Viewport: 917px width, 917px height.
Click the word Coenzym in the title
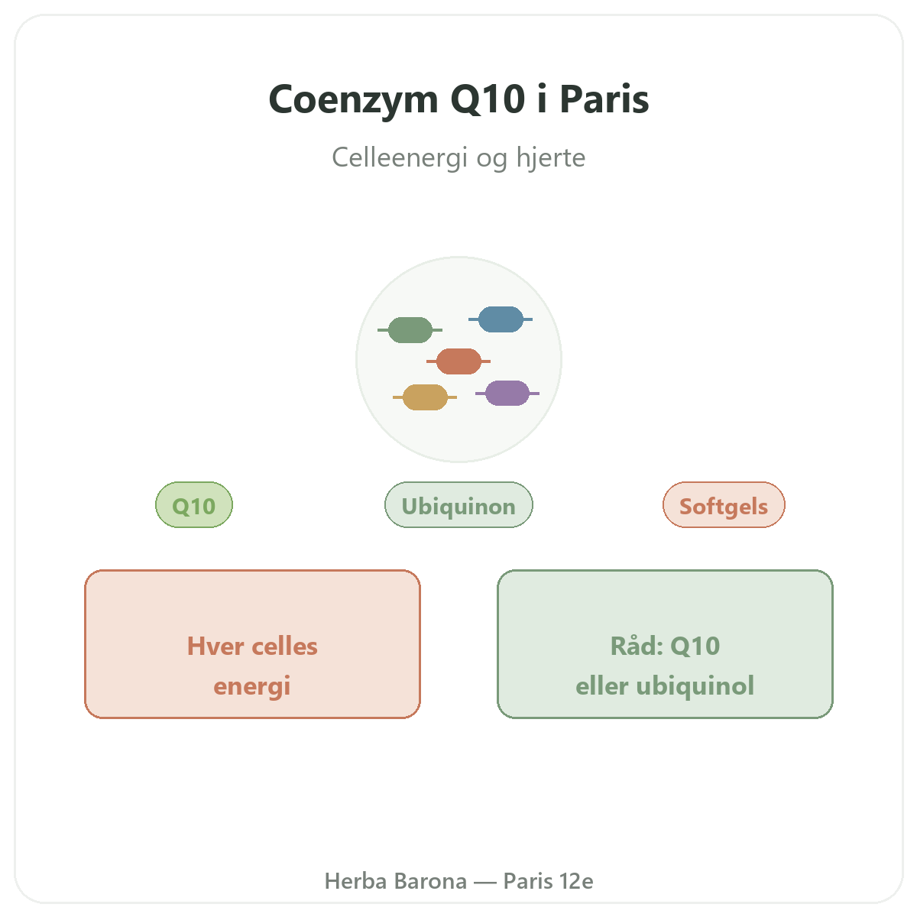click(353, 100)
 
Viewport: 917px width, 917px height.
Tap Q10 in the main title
click(488, 99)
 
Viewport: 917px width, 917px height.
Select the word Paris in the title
click(604, 99)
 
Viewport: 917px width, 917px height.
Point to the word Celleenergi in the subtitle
click(400, 157)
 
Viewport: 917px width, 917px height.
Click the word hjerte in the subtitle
click(550, 157)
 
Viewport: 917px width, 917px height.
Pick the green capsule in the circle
click(410, 330)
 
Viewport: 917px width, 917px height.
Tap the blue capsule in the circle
click(501, 319)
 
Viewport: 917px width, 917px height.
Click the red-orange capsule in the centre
click(458, 361)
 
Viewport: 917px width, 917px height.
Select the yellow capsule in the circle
click(425, 397)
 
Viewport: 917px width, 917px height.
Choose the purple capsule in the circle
click(507, 393)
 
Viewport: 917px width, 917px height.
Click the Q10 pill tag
click(194, 505)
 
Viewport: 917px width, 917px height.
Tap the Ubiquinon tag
click(458, 505)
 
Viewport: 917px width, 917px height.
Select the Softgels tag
click(724, 505)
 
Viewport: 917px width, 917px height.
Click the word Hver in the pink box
click(215, 646)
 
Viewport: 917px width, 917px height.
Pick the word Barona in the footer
click(431, 881)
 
